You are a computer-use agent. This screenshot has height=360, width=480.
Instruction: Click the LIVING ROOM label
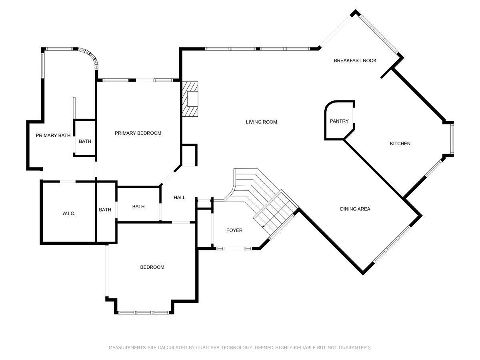point(261,122)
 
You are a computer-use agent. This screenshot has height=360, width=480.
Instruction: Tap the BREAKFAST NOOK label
point(355,61)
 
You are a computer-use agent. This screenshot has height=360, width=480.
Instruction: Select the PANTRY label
point(339,121)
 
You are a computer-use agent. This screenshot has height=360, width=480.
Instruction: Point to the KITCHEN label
point(400,144)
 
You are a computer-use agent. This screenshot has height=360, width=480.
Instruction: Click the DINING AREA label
point(355,209)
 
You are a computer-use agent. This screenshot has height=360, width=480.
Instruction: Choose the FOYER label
point(234,230)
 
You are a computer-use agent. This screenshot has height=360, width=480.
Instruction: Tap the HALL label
point(180,197)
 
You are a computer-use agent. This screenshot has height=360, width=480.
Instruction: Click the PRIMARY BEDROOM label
point(138,133)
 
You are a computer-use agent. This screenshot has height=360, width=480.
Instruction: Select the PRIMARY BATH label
point(53,136)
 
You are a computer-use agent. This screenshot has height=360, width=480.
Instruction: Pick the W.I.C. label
point(69,214)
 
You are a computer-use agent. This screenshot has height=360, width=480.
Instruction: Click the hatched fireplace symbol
point(190,99)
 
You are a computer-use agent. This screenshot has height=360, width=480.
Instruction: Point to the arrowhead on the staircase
point(264,226)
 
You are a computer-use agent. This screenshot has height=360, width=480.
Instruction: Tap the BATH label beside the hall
point(138,207)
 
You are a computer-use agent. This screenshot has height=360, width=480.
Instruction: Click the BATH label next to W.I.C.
point(105,210)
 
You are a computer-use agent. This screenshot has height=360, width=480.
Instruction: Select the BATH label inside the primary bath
point(85,141)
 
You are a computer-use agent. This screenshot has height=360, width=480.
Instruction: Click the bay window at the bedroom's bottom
point(144,312)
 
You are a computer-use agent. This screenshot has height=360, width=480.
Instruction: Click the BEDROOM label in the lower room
point(152,267)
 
